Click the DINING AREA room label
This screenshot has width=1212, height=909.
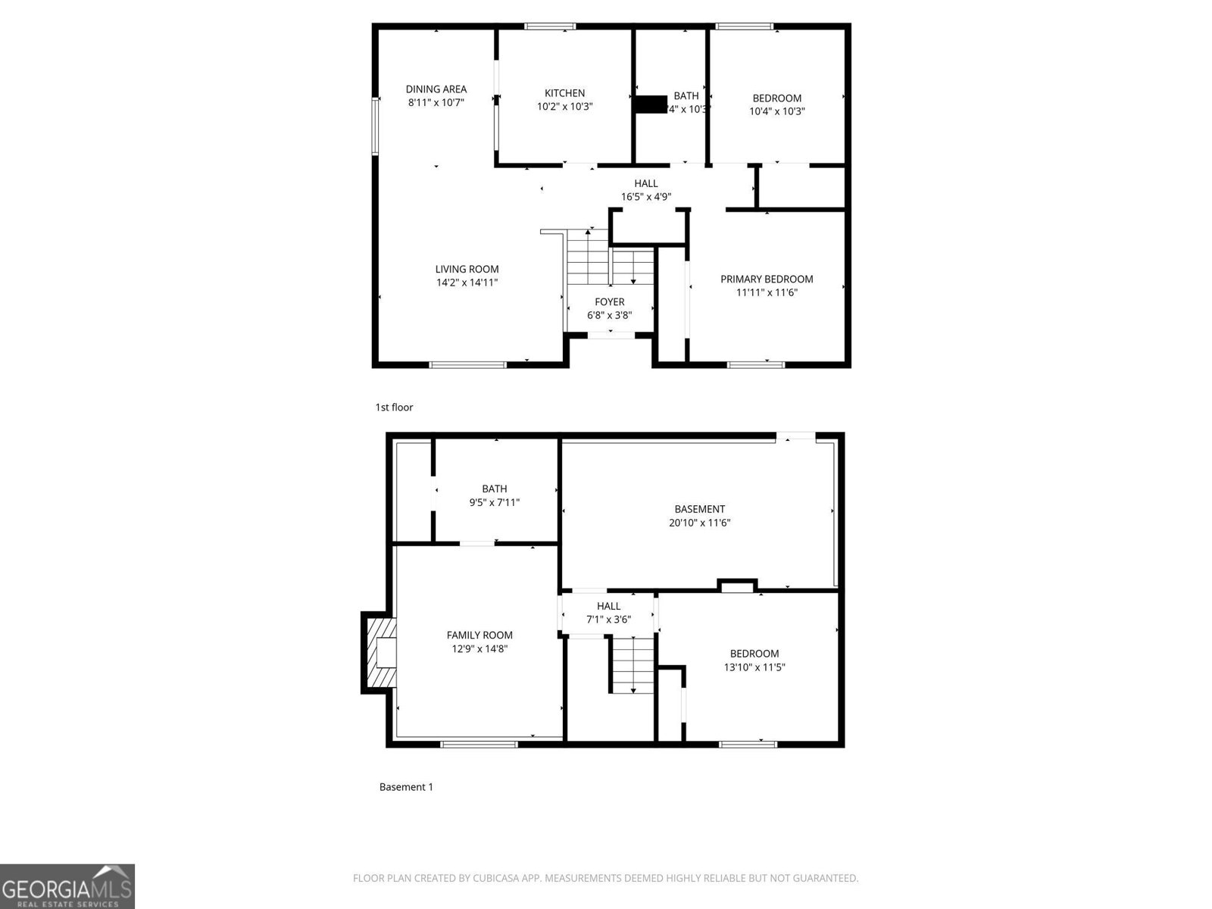click(x=436, y=89)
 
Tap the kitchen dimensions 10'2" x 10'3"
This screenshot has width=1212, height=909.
click(x=564, y=107)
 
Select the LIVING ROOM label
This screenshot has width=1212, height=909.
click(x=467, y=269)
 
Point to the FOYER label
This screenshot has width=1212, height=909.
click(x=609, y=301)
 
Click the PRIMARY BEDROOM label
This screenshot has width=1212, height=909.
click(x=767, y=279)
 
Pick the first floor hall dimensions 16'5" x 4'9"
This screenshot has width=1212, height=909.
click(x=645, y=197)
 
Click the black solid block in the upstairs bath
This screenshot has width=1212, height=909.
click(x=650, y=104)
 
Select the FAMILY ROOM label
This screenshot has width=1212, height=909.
click(x=479, y=636)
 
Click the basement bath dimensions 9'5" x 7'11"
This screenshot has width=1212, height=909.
click(x=494, y=502)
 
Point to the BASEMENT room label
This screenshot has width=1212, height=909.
click(x=699, y=509)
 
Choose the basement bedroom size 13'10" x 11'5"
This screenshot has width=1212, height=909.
click(x=754, y=667)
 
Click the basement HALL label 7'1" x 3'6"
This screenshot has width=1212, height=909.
click(x=608, y=613)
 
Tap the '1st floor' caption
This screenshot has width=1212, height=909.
click(x=394, y=408)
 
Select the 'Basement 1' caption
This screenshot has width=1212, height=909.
click(x=406, y=787)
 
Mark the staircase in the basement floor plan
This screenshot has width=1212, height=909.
click(x=633, y=664)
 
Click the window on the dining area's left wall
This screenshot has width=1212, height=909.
click(x=375, y=126)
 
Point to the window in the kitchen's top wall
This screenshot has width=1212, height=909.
click(x=550, y=27)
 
